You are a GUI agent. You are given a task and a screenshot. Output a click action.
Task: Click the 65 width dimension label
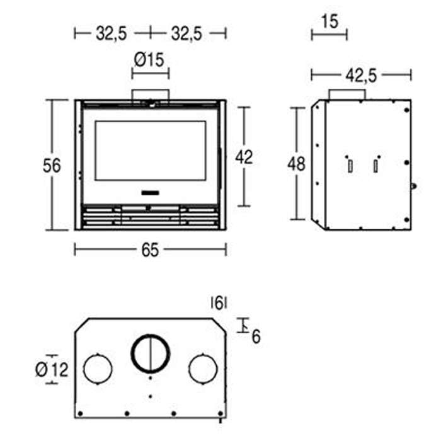[150, 250]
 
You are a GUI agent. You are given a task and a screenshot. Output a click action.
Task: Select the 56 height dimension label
[52, 166]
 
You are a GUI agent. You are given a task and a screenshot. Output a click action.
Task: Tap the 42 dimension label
[244, 157]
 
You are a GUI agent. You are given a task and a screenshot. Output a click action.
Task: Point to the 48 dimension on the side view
[296, 164]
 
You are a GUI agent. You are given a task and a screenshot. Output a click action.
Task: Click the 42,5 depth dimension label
[361, 76]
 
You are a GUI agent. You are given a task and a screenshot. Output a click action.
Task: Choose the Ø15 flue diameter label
[149, 60]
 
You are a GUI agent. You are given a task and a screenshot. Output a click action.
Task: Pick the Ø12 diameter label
[52, 370]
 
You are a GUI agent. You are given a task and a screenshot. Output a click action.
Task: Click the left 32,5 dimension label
[112, 34]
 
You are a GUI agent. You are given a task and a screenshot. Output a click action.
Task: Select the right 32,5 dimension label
[186, 34]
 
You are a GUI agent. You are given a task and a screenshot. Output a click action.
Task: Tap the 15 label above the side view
[329, 21]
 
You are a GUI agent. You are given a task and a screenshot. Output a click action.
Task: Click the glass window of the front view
[151, 151]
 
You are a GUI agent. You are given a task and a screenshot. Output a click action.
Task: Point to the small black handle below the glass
[150, 193]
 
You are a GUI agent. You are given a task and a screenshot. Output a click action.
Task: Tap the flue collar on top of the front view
[151, 94]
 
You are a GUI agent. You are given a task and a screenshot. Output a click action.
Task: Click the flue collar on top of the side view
[347, 94]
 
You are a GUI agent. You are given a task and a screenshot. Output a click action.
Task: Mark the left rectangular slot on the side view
[350, 166]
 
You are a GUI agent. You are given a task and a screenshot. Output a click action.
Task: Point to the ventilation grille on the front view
[150, 217]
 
